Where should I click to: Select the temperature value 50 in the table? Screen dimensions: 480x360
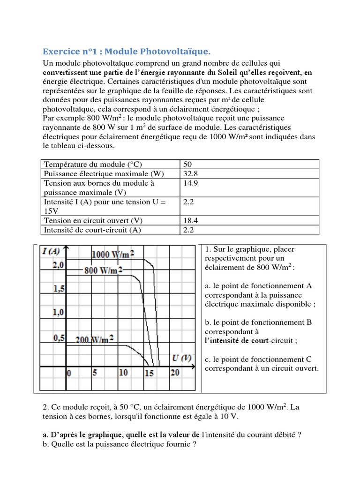(x=187, y=165)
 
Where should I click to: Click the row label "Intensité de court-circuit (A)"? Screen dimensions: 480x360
(x=92, y=230)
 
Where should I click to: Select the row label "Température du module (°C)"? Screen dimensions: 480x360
(x=92, y=165)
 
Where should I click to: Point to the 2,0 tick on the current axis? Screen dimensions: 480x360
(x=58, y=265)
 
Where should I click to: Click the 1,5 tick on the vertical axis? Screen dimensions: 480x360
(x=59, y=289)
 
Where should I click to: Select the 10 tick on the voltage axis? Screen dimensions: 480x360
(x=123, y=373)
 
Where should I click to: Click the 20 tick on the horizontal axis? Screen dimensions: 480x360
(x=174, y=373)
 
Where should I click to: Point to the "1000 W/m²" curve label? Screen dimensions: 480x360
(x=113, y=255)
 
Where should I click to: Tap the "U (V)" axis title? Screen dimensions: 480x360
(x=181, y=359)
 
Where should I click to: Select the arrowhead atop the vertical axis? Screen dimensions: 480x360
(x=67, y=248)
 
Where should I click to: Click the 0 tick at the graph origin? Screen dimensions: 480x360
(x=69, y=374)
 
